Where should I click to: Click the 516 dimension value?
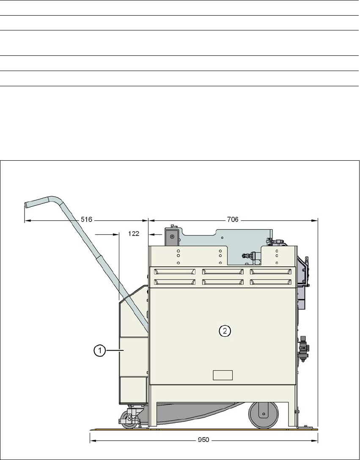point(86,219)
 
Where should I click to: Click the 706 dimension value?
point(232,219)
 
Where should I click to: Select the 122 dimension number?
point(134,234)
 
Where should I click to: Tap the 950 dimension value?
point(203,440)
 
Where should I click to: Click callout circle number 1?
point(100,350)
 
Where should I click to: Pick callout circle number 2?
point(225,331)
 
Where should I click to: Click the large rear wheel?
point(264,415)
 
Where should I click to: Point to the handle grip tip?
point(25,205)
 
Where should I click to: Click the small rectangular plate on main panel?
point(223,375)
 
